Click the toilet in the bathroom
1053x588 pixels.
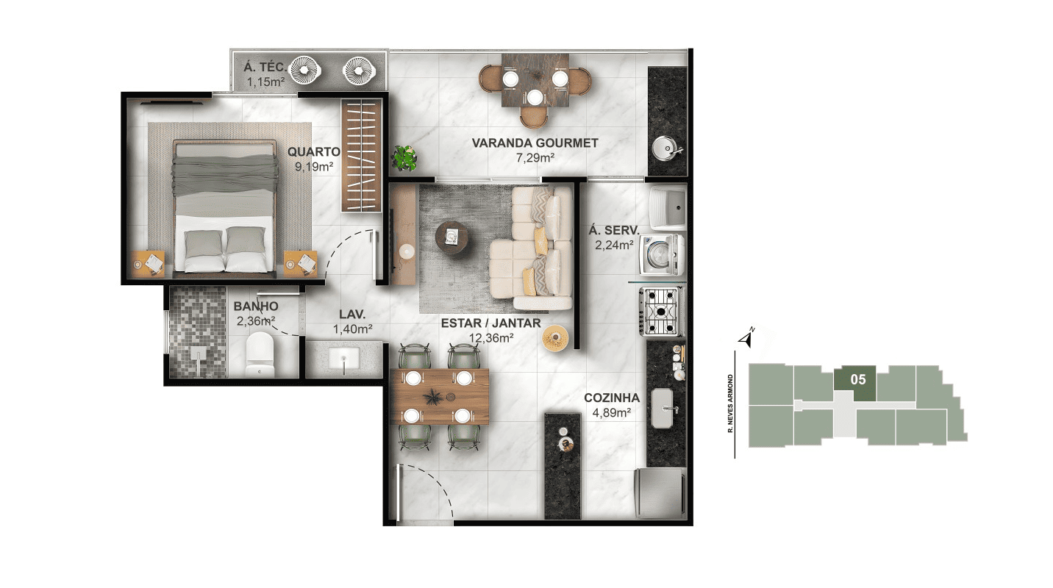coord(260,354)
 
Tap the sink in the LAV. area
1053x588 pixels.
coord(344,359)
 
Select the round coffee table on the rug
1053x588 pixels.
coord(451,238)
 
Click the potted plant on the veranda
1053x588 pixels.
coord(404,157)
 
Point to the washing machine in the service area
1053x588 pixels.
coord(661,254)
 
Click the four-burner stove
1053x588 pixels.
coord(661,311)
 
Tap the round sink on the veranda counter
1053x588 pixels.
coord(667,148)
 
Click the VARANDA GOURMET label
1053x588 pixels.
coord(535,143)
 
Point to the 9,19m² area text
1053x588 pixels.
coord(314,166)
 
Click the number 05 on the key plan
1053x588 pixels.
coord(858,379)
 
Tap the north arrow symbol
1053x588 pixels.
coord(746,337)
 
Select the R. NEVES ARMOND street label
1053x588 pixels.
coord(730,404)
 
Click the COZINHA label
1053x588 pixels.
coord(612,398)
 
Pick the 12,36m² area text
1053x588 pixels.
coord(490,337)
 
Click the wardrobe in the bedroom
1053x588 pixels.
coord(361,155)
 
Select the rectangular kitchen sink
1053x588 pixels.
coord(665,409)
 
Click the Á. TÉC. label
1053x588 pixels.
coord(264,67)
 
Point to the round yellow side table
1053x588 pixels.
coord(555,338)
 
